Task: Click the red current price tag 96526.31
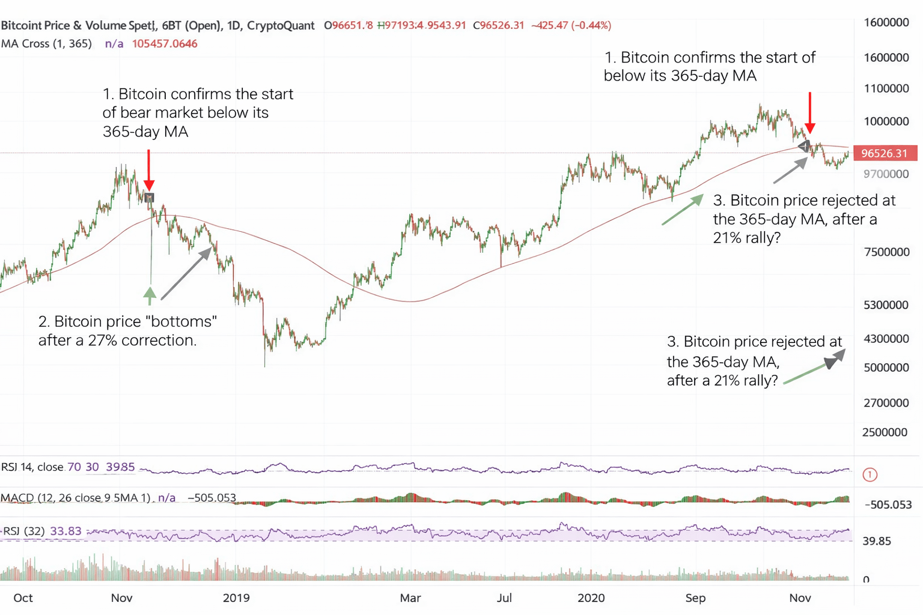tap(885, 153)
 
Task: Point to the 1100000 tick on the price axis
tap(886, 88)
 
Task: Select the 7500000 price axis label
tap(886, 252)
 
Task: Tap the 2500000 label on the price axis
tap(885, 432)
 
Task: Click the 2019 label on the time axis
tap(236, 598)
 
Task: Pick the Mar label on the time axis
tap(410, 598)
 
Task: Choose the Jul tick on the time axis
tap(504, 598)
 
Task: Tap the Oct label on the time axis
tap(23, 598)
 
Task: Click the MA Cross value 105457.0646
tap(165, 44)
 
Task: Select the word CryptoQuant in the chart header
tap(281, 25)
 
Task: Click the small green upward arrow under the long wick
tap(150, 295)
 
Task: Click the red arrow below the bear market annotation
tap(149, 171)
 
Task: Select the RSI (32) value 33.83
tap(65, 531)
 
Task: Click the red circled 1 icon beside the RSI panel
tap(870, 475)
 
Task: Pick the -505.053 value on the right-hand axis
tap(888, 504)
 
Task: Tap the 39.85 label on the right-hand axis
tap(877, 541)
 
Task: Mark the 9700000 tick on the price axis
tap(886, 174)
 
